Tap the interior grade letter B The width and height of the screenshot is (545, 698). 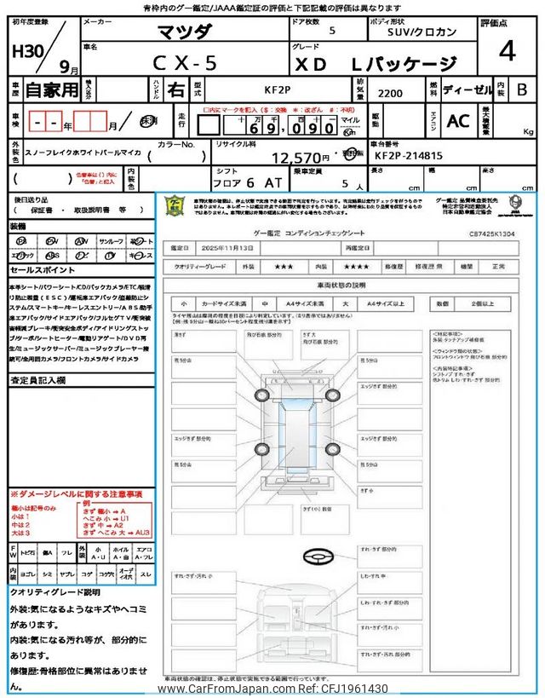pyautogui.click(x=522, y=89)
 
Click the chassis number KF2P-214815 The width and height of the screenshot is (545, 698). pyautogui.click(x=408, y=156)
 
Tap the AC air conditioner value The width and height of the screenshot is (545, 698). pyautogui.click(x=458, y=122)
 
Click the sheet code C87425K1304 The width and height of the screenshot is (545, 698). pyautogui.click(x=492, y=231)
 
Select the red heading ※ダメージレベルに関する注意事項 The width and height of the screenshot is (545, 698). pyautogui.click(x=77, y=494)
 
